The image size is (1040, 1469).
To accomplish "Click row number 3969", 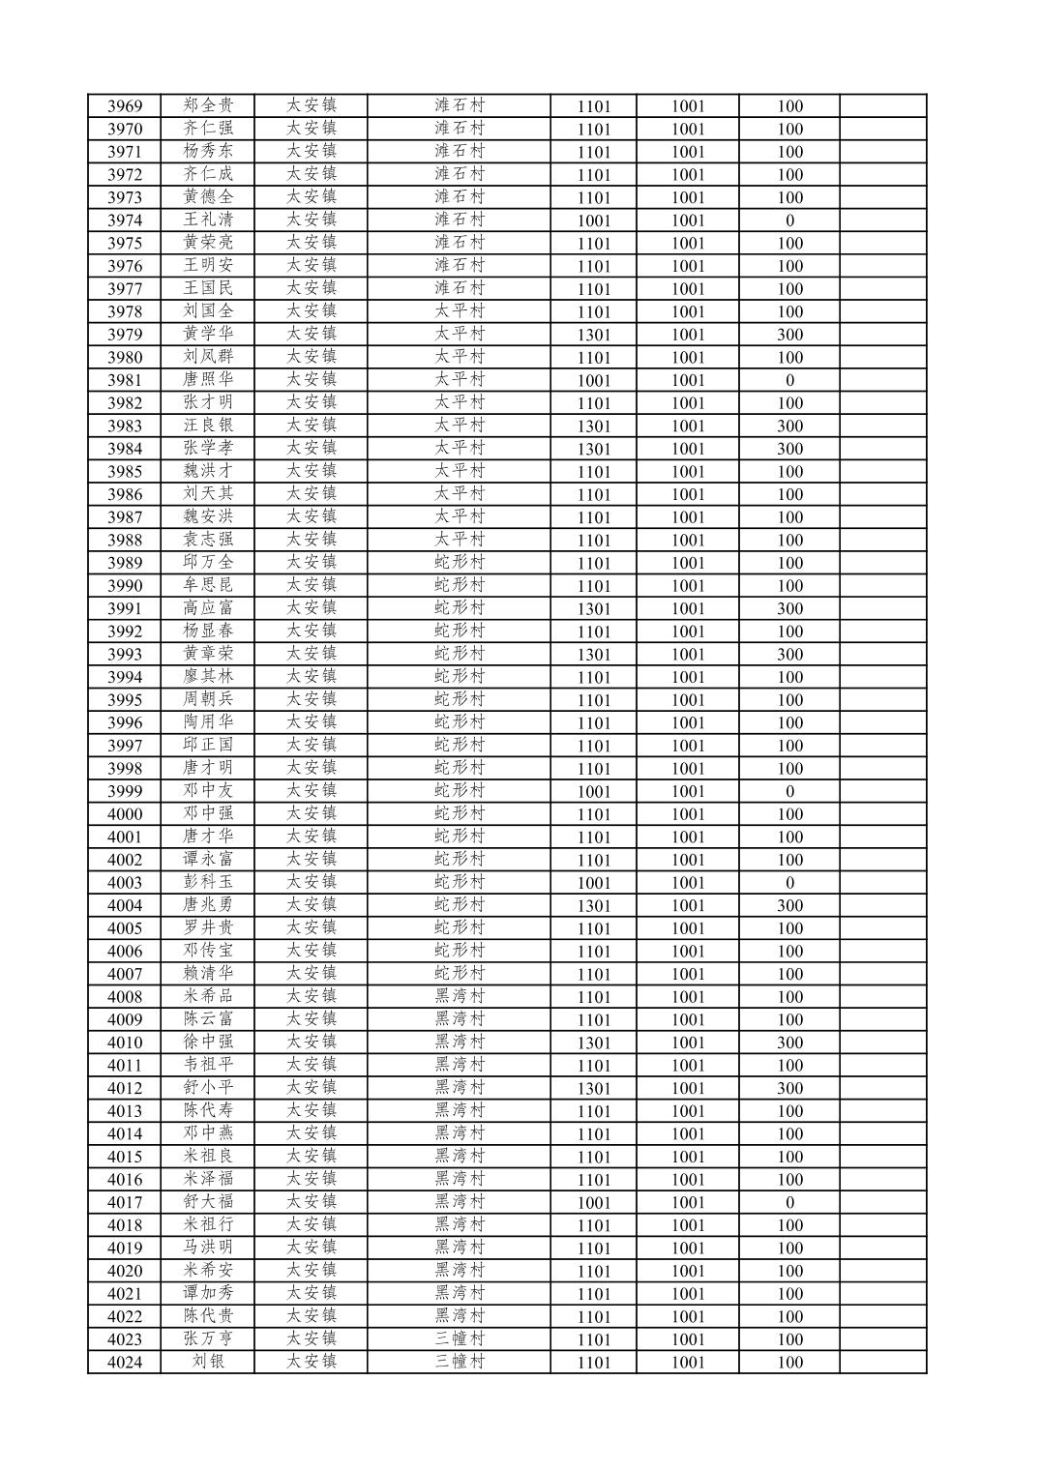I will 125,106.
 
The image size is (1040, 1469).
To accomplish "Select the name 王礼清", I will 208,220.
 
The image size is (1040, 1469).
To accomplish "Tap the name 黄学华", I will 208,334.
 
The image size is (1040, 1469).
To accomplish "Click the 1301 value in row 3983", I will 594,426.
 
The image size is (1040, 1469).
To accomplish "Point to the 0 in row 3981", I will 789,380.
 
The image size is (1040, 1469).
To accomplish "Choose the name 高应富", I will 208,608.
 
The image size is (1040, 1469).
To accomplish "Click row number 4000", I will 125,814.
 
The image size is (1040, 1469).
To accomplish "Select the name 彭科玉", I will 208,882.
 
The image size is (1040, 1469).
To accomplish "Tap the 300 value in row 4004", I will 789,905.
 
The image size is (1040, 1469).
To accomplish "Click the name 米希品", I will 208,996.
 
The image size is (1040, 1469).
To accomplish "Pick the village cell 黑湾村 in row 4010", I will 459,1043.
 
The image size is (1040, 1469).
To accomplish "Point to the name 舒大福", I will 208,1202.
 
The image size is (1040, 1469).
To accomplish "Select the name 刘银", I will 208,1362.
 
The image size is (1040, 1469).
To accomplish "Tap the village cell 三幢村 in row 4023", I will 459,1339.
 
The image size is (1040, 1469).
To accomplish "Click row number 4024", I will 125,1362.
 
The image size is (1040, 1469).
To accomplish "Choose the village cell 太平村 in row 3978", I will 459,311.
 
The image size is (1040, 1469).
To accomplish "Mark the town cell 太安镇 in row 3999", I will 311,791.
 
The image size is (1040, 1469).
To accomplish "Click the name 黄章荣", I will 208,654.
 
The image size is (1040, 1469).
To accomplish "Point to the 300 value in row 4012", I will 789,1088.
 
